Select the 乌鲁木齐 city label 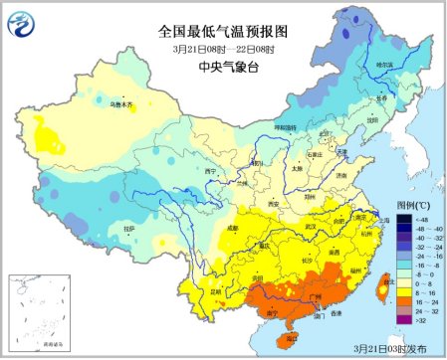[x=119, y=100]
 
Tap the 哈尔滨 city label [x=384, y=65]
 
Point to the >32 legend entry [x=417, y=322]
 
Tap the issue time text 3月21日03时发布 [x=393, y=349]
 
